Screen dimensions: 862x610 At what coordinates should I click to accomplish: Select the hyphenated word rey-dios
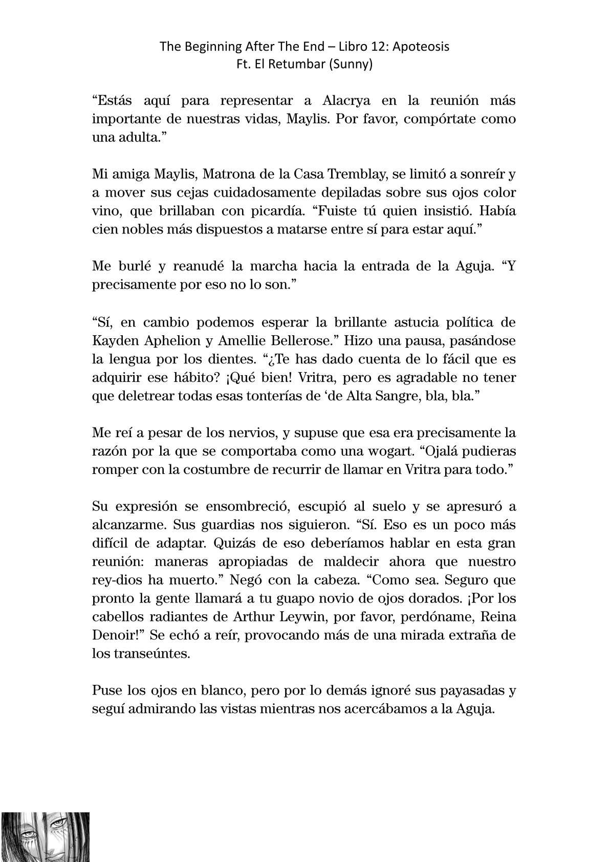[x=118, y=580]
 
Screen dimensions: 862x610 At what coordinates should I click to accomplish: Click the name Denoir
[x=114, y=636]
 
